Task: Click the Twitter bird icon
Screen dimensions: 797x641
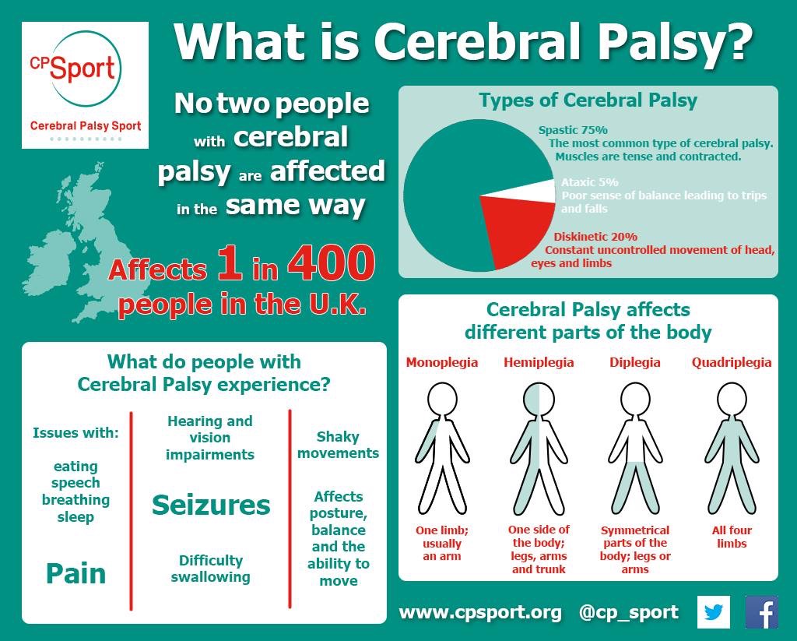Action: click(x=713, y=612)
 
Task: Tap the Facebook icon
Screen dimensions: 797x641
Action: click(x=761, y=612)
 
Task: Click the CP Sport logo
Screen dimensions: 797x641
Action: click(x=86, y=85)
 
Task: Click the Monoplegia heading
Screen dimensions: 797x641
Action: click(x=442, y=362)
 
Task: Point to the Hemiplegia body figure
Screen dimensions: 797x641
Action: click(x=539, y=449)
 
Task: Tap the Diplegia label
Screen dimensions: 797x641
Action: click(x=635, y=362)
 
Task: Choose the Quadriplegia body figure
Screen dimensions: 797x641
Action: click(x=732, y=449)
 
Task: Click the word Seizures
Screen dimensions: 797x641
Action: click(x=211, y=505)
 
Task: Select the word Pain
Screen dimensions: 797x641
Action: click(x=75, y=573)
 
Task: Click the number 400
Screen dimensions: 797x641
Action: click(x=332, y=263)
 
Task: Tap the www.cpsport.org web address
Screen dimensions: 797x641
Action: click(x=480, y=612)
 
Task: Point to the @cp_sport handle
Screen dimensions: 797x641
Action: click(x=628, y=612)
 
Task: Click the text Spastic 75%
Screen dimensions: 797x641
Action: click(x=573, y=130)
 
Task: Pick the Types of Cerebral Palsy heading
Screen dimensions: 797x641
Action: click(x=588, y=100)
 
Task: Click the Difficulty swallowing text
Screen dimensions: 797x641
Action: click(x=210, y=569)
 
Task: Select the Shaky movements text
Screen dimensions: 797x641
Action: click(x=338, y=445)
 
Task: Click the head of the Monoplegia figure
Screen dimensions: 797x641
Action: click(x=442, y=399)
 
